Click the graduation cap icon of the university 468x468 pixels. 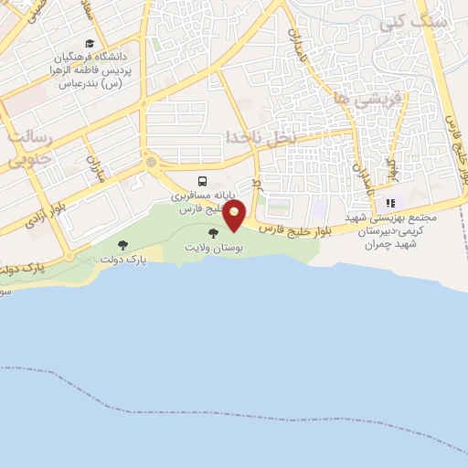click(90, 44)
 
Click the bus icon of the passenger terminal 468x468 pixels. click(203, 180)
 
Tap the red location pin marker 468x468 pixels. click(235, 215)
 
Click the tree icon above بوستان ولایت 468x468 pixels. click(214, 234)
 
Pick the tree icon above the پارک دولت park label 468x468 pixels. click(123, 245)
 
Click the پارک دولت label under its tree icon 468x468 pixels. click(123, 261)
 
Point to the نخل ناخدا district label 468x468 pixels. click(262, 137)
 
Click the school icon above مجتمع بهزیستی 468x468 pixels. click(390, 203)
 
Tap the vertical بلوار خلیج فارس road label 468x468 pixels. click(454, 146)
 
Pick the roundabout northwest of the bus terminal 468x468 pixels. click(150, 163)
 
